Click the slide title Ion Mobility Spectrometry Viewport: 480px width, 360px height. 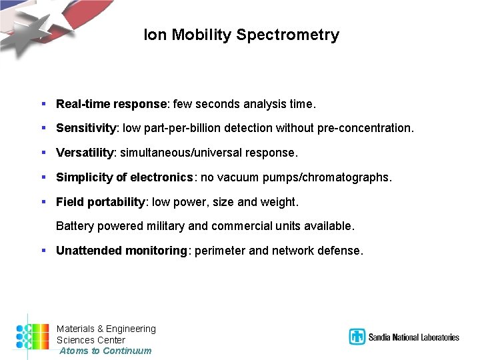241,35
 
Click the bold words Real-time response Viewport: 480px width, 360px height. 111,104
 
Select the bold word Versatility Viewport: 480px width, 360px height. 85,153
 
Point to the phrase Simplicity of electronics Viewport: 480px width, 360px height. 125,177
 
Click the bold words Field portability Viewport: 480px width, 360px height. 101,201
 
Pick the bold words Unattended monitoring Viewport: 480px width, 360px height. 121,251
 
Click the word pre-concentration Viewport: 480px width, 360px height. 371,128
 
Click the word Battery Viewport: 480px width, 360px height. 75,226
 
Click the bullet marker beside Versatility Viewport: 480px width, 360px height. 43,153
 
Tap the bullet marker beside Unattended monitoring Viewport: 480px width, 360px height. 43,251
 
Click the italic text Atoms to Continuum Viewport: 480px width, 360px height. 105,351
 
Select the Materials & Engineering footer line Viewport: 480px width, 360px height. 106,329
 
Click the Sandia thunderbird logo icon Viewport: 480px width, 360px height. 357,337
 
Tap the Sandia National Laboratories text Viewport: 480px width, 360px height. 414,337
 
